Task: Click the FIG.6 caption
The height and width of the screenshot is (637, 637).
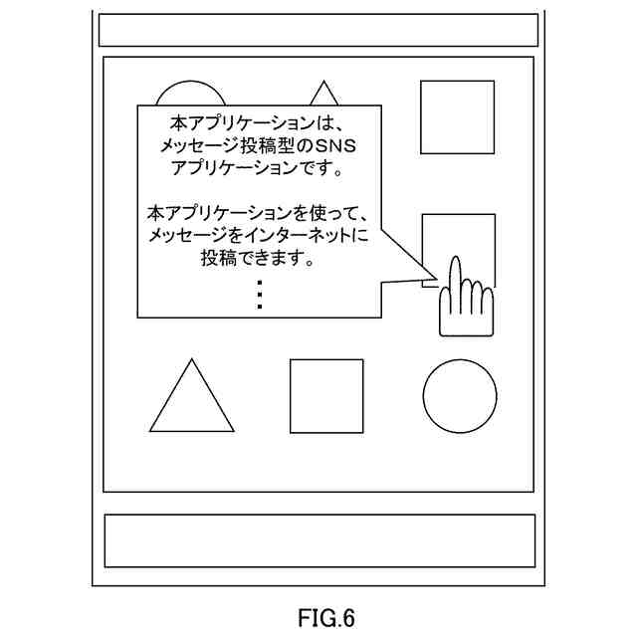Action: coord(325,618)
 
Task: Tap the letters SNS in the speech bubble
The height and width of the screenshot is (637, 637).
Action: coord(345,146)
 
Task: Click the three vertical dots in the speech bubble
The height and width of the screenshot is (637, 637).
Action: coord(259,296)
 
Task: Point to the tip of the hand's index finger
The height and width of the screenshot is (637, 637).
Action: coord(453,262)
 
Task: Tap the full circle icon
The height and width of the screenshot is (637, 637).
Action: coord(459,395)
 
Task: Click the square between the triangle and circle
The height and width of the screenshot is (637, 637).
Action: coord(325,395)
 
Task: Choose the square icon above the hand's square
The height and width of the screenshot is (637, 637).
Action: coord(457,116)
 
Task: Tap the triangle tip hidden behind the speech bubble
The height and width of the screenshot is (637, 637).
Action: coord(322,95)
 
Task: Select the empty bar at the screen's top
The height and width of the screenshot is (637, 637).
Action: coord(318,30)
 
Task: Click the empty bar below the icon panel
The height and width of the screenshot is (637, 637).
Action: coord(319,540)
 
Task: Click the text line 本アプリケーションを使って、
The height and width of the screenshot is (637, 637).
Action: coord(258,213)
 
